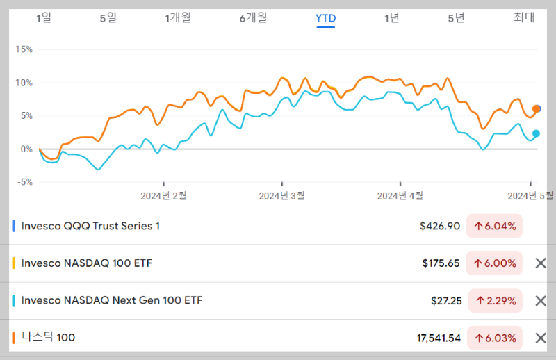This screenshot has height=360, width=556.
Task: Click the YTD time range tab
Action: tap(325, 18)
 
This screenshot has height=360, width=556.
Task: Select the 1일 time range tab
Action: tap(43, 18)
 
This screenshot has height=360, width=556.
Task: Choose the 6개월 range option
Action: tap(253, 18)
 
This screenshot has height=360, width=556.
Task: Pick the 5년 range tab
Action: tap(456, 18)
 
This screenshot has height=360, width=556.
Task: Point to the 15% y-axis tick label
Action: tap(24, 49)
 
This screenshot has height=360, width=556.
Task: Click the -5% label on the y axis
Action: tap(24, 182)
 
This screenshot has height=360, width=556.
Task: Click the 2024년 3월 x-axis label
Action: tap(281, 196)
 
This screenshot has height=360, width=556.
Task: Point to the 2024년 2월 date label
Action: tap(163, 196)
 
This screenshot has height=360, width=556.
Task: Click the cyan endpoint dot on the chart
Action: tap(536, 133)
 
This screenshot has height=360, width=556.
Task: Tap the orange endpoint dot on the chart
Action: tap(536, 108)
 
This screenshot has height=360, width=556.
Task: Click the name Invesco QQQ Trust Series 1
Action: tap(90, 226)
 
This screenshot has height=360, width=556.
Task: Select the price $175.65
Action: tap(441, 263)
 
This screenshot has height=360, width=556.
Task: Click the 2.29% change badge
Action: tap(494, 301)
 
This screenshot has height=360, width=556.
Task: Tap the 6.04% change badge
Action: tap(494, 226)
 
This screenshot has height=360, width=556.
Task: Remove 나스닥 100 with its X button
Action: tap(540, 338)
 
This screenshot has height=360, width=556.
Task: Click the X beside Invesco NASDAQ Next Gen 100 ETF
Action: tap(540, 301)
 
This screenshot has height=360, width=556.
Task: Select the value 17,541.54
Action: tap(438, 338)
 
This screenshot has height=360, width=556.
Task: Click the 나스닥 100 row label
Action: tap(48, 338)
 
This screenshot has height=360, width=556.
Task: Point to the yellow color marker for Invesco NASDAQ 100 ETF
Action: tap(14, 263)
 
